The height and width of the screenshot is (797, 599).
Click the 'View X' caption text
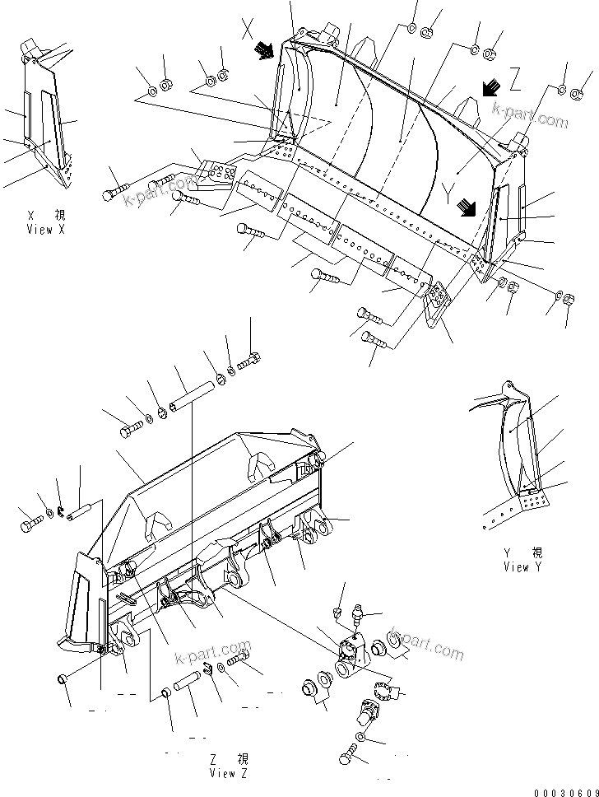[x=44, y=229]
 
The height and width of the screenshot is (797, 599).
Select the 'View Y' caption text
[x=522, y=566]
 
